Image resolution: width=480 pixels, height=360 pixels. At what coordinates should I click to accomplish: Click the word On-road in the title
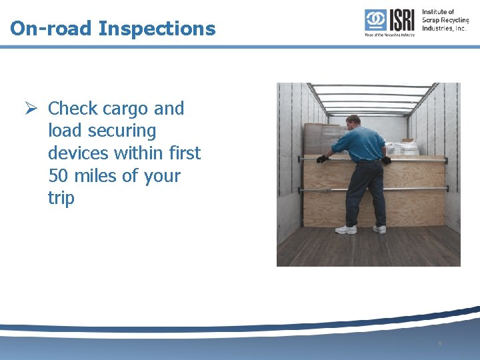point(51,29)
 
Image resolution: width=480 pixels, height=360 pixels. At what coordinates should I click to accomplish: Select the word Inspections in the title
point(157,29)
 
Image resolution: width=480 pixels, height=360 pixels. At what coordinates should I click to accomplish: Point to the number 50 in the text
point(59,176)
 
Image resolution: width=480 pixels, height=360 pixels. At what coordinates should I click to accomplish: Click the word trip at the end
point(61,198)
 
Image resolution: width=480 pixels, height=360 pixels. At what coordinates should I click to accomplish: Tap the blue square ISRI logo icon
point(375,20)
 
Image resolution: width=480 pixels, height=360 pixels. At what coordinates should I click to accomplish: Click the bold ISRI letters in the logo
point(401,20)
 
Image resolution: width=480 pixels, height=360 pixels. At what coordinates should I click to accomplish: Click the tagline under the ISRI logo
point(389,35)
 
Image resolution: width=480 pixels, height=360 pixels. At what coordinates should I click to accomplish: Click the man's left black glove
point(323,159)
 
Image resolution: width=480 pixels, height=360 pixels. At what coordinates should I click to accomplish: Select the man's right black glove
point(386,160)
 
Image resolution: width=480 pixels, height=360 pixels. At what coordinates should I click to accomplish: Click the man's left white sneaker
point(346,229)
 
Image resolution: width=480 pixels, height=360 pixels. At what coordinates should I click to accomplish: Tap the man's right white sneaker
point(379,229)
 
